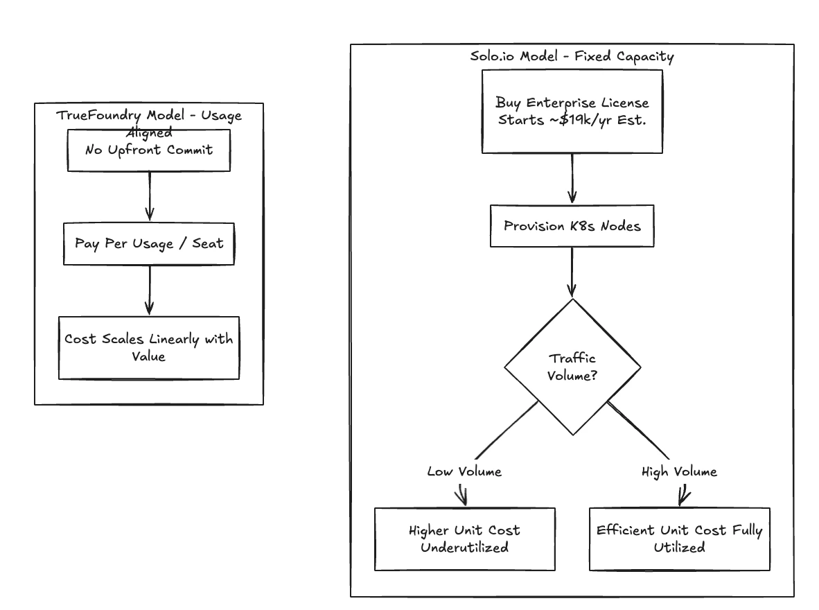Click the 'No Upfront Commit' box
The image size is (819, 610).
pos(148,150)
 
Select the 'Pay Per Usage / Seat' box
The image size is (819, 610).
pos(148,243)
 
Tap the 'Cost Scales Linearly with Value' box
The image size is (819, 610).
pos(148,347)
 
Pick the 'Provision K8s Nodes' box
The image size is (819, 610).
pos(572,225)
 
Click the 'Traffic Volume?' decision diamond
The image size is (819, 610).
pos(572,367)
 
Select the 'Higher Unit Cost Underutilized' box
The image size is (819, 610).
pos(464,539)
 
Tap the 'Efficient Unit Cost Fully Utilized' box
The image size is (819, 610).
pos(679,539)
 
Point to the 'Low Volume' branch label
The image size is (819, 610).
pos(464,472)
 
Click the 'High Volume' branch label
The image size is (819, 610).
pos(680,472)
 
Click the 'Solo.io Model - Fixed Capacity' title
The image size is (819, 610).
pos(572,57)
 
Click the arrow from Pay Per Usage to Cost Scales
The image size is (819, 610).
pos(149,290)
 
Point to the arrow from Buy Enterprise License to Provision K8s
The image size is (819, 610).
pos(572,178)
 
